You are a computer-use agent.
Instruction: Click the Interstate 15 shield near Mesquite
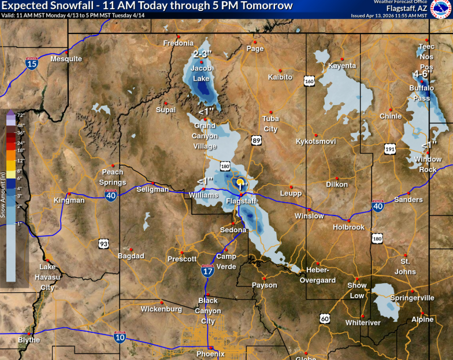tap(32, 64)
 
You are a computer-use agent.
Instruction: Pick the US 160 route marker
tap(310, 82)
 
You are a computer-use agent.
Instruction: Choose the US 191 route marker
tap(390, 150)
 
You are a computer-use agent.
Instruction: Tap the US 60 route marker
tap(325, 317)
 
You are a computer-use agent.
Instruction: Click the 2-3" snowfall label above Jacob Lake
tap(202, 54)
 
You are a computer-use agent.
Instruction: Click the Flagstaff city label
tap(240, 201)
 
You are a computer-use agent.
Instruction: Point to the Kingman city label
tap(69, 201)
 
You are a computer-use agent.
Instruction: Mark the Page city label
tap(255, 49)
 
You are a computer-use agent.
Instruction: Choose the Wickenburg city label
tap(161, 309)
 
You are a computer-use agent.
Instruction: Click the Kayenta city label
tap(342, 66)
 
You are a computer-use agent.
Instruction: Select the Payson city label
tap(264, 285)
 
